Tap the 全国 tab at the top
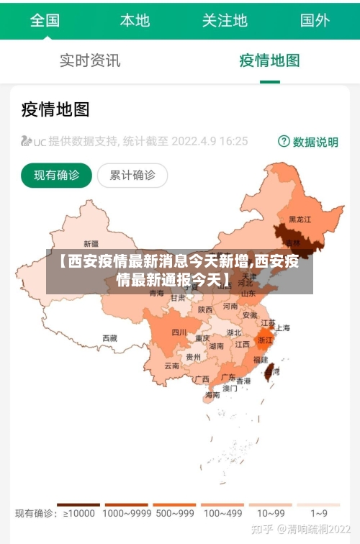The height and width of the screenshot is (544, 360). [x=45, y=20]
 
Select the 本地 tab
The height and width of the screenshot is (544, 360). [x=135, y=20]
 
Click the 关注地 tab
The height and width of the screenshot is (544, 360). [x=225, y=20]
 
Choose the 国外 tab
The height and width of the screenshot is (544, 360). [x=315, y=20]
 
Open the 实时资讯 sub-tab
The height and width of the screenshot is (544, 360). [x=90, y=60]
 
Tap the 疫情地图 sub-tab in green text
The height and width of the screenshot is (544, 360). [x=269, y=60]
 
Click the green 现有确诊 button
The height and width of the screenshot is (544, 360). [x=57, y=175]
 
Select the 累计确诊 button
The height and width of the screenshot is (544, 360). [x=132, y=175]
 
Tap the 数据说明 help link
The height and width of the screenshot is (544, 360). [x=308, y=142]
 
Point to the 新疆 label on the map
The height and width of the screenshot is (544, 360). [x=91, y=243]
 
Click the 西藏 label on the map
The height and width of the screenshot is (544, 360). [x=109, y=337]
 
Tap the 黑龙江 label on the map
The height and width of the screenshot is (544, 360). [x=300, y=219]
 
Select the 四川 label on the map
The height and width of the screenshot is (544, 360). [x=179, y=332]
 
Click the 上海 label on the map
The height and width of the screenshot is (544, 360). [x=282, y=327]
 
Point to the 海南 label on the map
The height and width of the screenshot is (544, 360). [x=212, y=394]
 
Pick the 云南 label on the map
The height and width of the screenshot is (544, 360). [x=172, y=366]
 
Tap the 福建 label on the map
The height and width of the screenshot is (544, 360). [x=261, y=358]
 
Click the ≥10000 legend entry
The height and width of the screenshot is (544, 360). [x=78, y=513]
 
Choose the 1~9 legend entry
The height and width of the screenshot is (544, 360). [x=319, y=513]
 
